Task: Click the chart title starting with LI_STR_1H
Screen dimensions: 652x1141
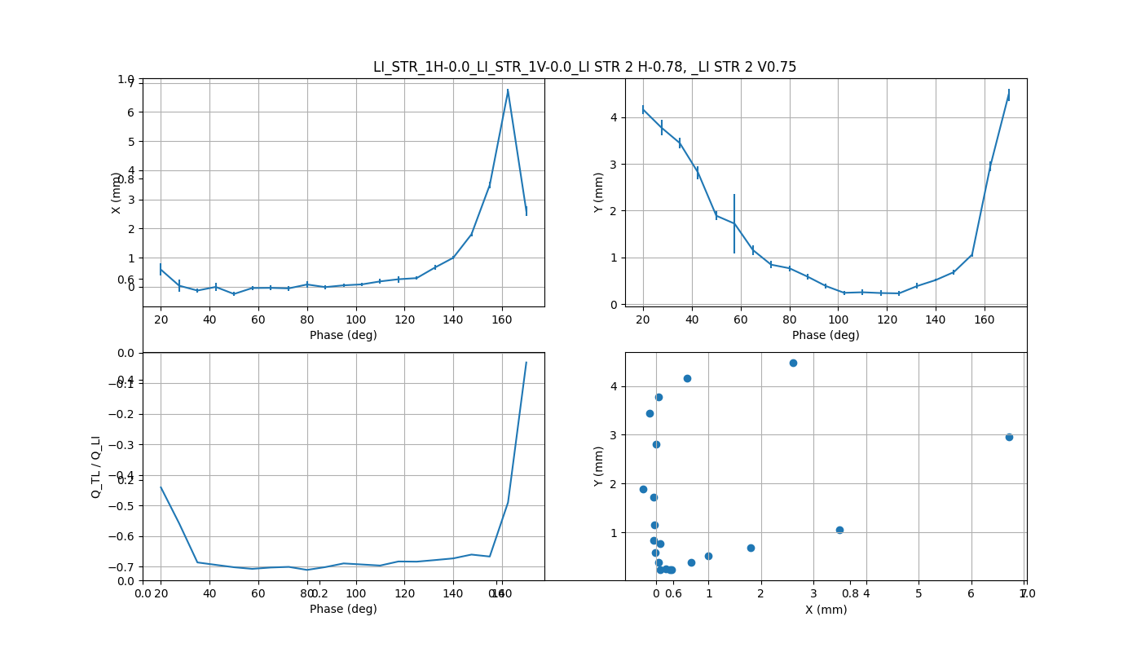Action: click(584, 67)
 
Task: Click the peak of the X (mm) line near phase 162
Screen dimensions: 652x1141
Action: click(508, 90)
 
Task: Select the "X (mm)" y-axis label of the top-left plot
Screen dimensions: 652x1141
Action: click(117, 192)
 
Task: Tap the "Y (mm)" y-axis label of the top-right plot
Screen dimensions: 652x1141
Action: click(599, 192)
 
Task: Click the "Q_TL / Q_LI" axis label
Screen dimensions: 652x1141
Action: click(96, 466)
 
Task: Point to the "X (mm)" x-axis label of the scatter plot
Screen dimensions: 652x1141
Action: click(826, 610)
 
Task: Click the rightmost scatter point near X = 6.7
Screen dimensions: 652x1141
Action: click(1009, 437)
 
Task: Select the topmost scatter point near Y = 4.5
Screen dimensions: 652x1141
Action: click(793, 363)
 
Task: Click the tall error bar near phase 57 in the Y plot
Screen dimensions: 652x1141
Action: click(734, 223)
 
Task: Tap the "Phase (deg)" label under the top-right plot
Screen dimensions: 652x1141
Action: click(826, 335)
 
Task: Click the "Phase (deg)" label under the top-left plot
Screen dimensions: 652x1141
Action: click(343, 335)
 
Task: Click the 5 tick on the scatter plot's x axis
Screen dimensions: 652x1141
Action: click(919, 593)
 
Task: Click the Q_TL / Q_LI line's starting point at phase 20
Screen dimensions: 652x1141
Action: click(161, 487)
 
